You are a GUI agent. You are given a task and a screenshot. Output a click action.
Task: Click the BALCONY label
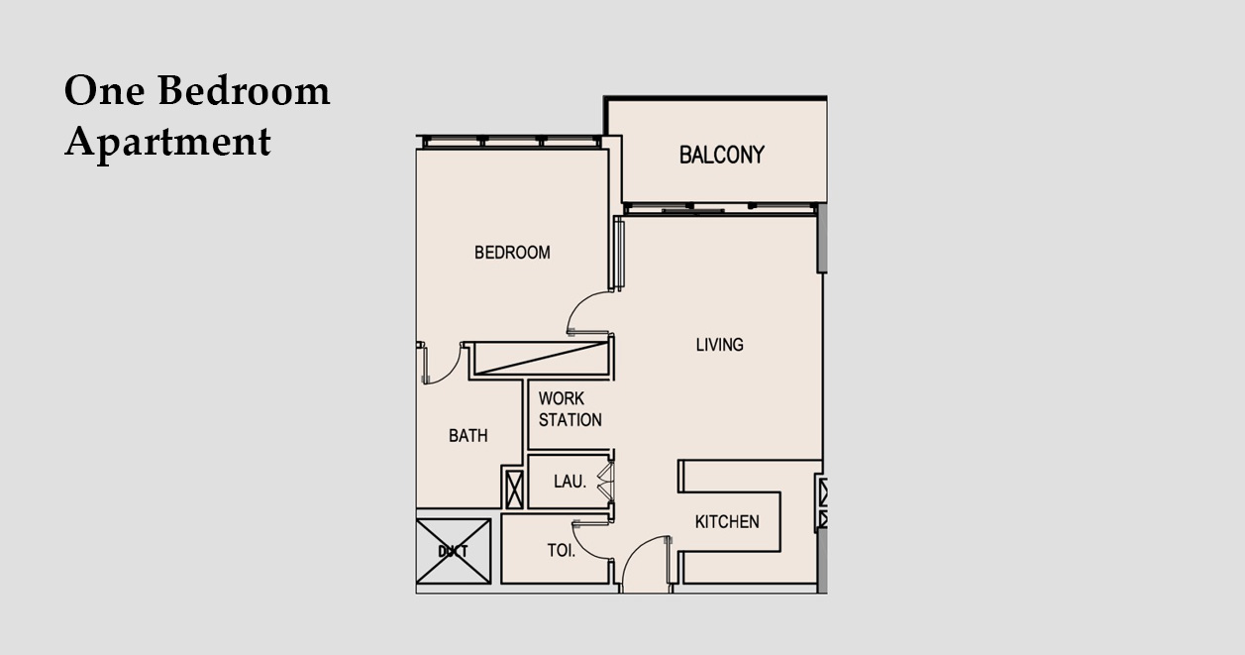[721, 155]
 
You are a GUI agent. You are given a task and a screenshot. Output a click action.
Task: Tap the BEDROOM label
[512, 253]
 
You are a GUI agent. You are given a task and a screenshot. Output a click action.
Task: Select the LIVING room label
[719, 345]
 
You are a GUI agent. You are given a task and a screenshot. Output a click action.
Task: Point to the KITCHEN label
[727, 521]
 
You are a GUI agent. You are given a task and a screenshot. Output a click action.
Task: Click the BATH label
[467, 435]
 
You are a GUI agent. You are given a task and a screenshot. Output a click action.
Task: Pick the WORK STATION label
[570, 409]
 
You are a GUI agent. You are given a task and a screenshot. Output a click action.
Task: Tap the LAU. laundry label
[570, 481]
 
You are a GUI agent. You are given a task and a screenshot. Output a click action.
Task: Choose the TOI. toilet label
[561, 551]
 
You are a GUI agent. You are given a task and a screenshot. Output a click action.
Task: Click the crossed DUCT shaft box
[454, 551]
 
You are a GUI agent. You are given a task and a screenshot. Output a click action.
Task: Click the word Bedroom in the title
[245, 90]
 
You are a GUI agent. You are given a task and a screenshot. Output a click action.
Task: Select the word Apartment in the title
[167, 143]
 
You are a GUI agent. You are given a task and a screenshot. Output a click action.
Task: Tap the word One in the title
[104, 90]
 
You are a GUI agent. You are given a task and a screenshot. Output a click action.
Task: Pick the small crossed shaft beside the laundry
[514, 490]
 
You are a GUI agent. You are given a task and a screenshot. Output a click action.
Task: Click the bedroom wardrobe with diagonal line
[541, 359]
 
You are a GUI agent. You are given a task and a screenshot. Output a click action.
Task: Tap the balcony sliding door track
[721, 208]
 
